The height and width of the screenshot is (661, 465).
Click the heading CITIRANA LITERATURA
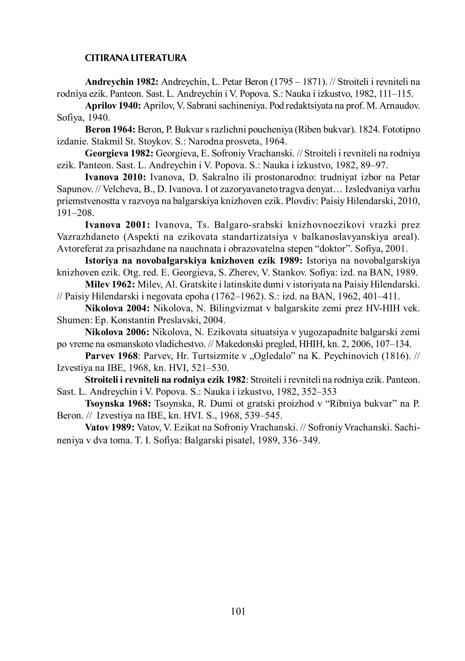[x=136, y=58]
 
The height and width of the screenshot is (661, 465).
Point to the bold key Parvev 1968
[x=112, y=355]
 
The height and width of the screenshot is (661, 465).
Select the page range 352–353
[x=317, y=392]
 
